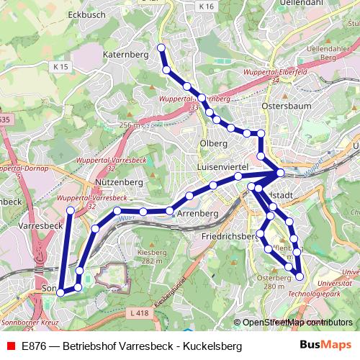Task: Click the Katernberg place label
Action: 125,54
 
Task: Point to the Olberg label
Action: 213,143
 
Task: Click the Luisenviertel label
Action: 222,166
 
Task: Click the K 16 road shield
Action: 207,6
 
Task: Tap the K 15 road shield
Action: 60,66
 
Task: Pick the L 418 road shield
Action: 140,312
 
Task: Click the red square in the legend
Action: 10,346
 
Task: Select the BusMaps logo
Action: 326,346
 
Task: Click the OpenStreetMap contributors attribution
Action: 294,323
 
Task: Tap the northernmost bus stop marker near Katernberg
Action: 161,48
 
